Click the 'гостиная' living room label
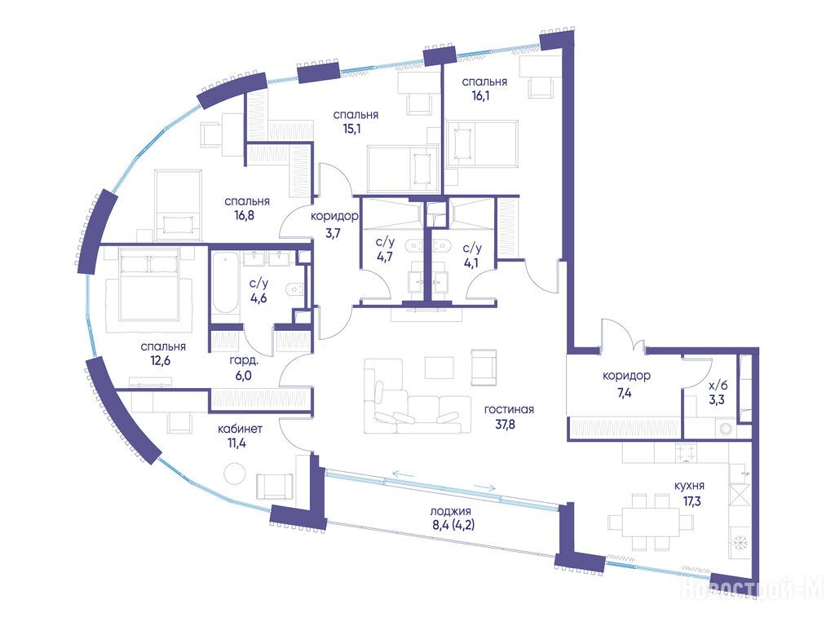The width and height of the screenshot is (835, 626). (x=509, y=410)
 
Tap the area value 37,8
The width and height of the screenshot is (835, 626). (x=504, y=425)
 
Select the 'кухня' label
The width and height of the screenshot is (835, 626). (x=689, y=486)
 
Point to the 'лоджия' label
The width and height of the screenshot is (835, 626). (x=450, y=512)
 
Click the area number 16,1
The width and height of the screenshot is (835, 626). (x=480, y=96)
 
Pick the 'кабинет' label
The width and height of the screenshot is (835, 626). (x=241, y=429)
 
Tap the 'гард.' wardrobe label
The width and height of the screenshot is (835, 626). (x=244, y=361)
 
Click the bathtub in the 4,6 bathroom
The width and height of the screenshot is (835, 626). (x=226, y=284)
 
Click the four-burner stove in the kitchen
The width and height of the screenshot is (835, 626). (x=685, y=453)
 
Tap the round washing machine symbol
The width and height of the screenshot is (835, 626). (x=725, y=429)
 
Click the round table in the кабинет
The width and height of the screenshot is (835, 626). (x=234, y=474)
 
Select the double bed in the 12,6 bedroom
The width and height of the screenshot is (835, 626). (x=148, y=284)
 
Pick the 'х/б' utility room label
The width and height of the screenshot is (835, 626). (x=718, y=386)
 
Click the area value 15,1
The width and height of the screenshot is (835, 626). (x=351, y=129)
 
